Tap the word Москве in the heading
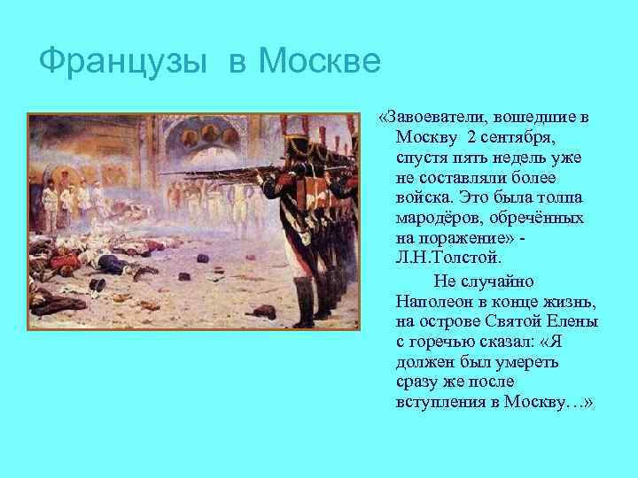[x=319, y=61]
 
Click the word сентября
[x=516, y=137]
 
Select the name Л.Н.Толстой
[x=450, y=258]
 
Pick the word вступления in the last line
[x=443, y=403]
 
